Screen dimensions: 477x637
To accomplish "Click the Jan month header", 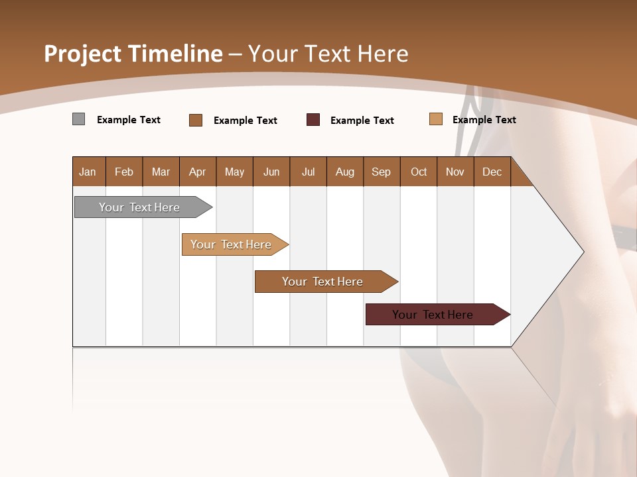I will point(88,172).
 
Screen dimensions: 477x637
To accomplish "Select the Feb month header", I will point(124,172).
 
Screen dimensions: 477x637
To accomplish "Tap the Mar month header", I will point(161,172).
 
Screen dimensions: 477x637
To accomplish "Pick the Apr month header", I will point(198,172).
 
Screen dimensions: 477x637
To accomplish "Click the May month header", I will point(234,172).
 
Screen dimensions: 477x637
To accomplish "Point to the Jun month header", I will point(271,172).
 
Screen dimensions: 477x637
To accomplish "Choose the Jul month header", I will point(308,172).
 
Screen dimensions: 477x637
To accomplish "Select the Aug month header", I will point(345,172).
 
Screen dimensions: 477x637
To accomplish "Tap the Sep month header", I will point(382,172).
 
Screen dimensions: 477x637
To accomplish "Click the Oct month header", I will point(419,172).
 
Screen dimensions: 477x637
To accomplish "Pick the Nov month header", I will point(455,172).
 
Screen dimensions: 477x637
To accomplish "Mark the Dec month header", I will point(492,172).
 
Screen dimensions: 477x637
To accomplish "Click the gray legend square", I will point(79,119).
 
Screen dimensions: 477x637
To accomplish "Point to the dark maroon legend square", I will point(313,120).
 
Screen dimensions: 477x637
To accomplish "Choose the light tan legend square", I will point(436,119).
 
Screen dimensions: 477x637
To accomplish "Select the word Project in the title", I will point(82,54).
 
